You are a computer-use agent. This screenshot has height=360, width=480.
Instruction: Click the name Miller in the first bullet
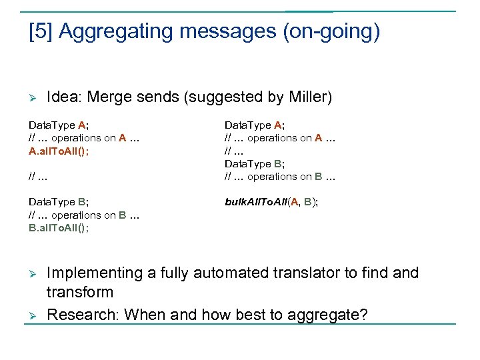pos(307,97)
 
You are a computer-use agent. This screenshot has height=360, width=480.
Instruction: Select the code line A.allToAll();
pos(59,151)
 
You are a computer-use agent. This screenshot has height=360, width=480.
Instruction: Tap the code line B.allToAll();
pos(59,228)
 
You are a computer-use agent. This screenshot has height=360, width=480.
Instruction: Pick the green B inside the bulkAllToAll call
pos(307,202)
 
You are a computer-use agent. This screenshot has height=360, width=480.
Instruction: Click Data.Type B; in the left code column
pos(59,202)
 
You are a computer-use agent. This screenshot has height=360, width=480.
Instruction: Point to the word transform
pos(80,292)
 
